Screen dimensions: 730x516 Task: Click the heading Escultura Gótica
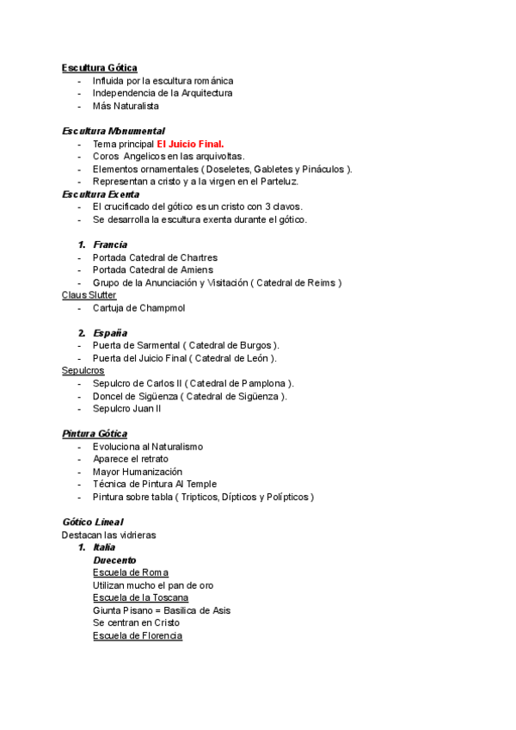[x=99, y=68]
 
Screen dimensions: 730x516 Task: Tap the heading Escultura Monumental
[x=113, y=131]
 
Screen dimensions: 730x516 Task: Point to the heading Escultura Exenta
[x=101, y=195]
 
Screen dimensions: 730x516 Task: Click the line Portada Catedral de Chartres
[x=155, y=257]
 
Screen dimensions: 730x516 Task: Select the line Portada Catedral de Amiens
[x=153, y=270]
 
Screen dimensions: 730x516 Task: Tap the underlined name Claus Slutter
[x=89, y=295]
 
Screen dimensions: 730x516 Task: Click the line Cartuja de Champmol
[x=138, y=307]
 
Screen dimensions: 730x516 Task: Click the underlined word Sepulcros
[x=83, y=370]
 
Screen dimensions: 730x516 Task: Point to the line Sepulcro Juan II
[x=126, y=408]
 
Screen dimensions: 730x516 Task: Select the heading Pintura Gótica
[x=95, y=434]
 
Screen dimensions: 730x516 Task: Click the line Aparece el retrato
[x=130, y=459]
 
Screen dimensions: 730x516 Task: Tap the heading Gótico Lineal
[x=92, y=522]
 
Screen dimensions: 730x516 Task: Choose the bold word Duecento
[x=114, y=560]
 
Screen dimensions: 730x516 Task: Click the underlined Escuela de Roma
[x=131, y=572]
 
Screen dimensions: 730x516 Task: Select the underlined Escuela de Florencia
[x=138, y=635]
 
